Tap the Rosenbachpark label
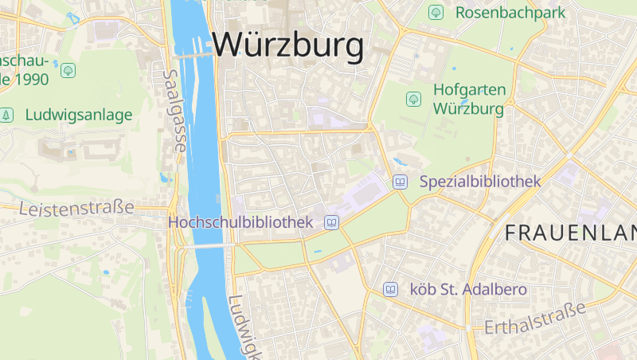click(x=510, y=13)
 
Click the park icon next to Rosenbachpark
click(x=436, y=13)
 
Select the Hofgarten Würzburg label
click(x=468, y=99)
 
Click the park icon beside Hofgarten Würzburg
click(x=413, y=99)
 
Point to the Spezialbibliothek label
click(x=479, y=182)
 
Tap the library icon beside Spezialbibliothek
click(x=401, y=182)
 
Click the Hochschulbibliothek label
click(x=240, y=222)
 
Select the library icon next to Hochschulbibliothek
click(x=331, y=222)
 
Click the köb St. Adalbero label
click(x=467, y=289)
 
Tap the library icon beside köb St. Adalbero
click(x=390, y=289)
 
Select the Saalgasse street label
click(x=174, y=110)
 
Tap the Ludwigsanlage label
click(x=79, y=115)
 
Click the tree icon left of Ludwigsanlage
click(x=7, y=115)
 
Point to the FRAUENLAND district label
click(x=570, y=233)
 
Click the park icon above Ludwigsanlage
click(x=68, y=70)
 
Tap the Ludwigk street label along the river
click(x=244, y=327)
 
